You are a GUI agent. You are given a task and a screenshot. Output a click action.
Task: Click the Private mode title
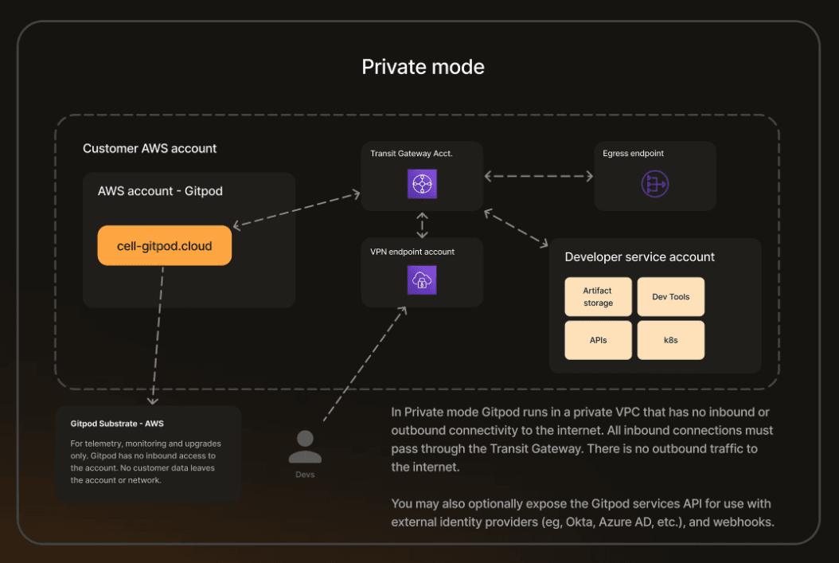423,67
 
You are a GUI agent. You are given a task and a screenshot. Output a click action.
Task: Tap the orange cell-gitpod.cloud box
165,246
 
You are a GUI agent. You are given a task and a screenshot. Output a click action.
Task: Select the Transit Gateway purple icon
421,184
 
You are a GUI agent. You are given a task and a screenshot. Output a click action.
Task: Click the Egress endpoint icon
655,184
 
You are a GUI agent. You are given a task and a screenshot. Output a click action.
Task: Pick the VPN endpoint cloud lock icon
422,280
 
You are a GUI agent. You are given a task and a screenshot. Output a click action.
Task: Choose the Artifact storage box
598,297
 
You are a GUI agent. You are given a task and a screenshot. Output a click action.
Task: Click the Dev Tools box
670,297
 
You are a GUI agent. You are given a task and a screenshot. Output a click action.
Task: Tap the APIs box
598,340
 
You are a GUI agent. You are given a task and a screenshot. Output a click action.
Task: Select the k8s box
670,340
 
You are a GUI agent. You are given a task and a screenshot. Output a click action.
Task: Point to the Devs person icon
305,448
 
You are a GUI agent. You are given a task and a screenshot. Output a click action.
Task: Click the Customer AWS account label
150,149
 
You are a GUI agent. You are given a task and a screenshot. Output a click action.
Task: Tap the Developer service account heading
639,257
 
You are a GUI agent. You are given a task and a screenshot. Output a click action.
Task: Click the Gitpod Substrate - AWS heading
117,424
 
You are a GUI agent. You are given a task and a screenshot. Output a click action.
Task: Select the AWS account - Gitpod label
160,192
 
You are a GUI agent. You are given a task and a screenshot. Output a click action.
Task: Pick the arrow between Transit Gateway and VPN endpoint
422,225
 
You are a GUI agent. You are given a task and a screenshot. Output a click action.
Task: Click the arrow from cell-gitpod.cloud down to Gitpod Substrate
157,334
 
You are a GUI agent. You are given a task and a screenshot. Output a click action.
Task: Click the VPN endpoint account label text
412,252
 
